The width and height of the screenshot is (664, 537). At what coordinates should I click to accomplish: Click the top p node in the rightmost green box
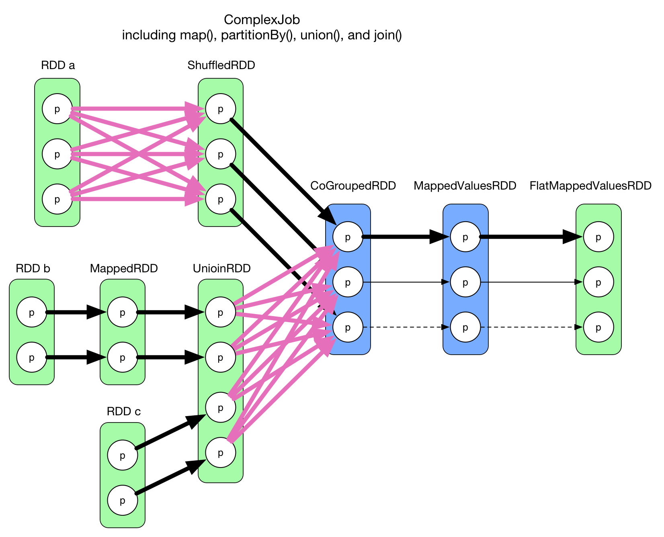[x=598, y=237]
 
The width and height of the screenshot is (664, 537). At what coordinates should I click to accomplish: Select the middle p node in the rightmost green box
[x=598, y=282]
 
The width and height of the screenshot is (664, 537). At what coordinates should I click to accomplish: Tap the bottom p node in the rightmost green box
[x=598, y=327]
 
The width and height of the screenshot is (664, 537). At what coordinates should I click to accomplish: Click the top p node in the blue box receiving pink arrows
[x=348, y=237]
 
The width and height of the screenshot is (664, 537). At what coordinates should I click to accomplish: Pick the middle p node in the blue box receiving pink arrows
[x=348, y=282]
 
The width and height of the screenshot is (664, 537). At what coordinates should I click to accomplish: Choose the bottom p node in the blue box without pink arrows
[x=465, y=327]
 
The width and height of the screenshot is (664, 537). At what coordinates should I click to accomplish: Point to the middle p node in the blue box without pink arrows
[x=465, y=282]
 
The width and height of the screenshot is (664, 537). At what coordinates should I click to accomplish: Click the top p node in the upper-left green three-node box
[x=57, y=109]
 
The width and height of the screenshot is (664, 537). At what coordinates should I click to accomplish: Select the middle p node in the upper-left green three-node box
[x=57, y=154]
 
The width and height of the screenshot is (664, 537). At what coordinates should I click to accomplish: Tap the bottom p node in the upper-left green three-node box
[x=57, y=199]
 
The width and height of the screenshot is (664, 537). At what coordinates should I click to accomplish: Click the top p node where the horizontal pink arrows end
[x=220, y=109]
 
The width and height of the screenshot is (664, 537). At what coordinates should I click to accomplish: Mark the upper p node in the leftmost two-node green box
[x=32, y=312]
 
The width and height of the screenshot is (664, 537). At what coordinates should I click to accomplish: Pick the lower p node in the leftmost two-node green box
[x=32, y=357]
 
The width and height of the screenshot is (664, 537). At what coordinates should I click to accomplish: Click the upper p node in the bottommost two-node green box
[x=123, y=455]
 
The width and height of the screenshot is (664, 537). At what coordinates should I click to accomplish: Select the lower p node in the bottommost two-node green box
[x=123, y=500]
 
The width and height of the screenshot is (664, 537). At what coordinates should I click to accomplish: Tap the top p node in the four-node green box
[x=220, y=312]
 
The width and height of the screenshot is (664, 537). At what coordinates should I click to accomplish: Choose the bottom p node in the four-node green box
[x=220, y=453]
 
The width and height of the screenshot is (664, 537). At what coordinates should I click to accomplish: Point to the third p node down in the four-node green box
[x=220, y=407]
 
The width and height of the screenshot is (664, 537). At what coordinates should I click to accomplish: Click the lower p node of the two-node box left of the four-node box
[x=123, y=357]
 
